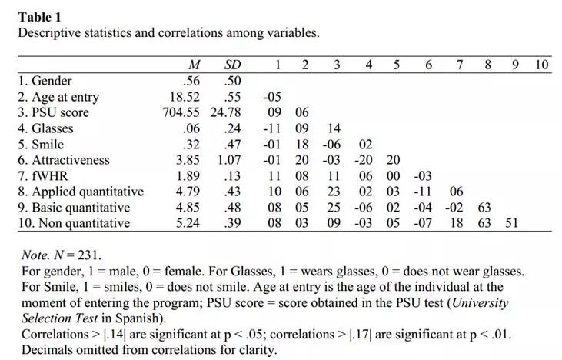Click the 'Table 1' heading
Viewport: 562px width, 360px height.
(40, 17)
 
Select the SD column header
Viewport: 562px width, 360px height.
(232, 65)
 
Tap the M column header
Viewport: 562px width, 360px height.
(195, 65)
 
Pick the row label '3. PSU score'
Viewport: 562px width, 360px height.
(54, 112)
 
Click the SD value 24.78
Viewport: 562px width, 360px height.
(226, 112)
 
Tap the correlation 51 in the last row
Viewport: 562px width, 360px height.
(511, 223)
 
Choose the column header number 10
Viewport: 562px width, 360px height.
(541, 65)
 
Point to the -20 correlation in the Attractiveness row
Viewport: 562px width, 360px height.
(363, 160)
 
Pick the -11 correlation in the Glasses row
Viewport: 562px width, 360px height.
(271, 128)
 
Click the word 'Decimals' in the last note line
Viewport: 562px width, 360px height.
(45, 349)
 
